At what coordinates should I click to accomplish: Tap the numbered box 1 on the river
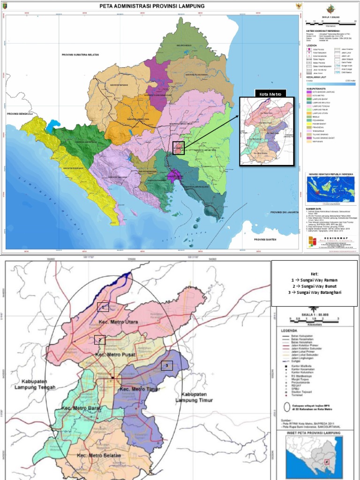click(103, 307)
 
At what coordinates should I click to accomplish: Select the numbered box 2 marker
click(99, 340)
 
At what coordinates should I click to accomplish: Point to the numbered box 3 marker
click(167, 366)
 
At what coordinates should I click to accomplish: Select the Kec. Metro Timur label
click(139, 389)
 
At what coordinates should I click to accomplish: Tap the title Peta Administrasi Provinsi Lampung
click(152, 6)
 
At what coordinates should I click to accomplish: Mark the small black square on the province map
click(178, 148)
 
